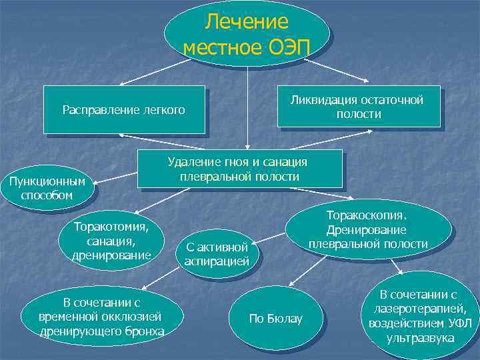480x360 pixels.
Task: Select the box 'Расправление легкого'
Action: pyautogui.click(x=124, y=109)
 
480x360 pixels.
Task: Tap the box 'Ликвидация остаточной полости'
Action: pyautogui.click(x=359, y=107)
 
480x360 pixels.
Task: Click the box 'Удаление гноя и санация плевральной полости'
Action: pyautogui.click(x=239, y=169)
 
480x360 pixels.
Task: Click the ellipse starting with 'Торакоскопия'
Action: pyautogui.click(x=369, y=230)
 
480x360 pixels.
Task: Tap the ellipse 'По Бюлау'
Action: pyautogui.click(x=275, y=319)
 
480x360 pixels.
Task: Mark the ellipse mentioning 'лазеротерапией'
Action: pyautogui.click(x=419, y=316)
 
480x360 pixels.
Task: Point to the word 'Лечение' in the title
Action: pyautogui.click(x=247, y=22)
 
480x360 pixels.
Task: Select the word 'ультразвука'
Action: pyautogui.click(x=420, y=338)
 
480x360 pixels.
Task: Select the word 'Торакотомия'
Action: pyautogui.click(x=112, y=227)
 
